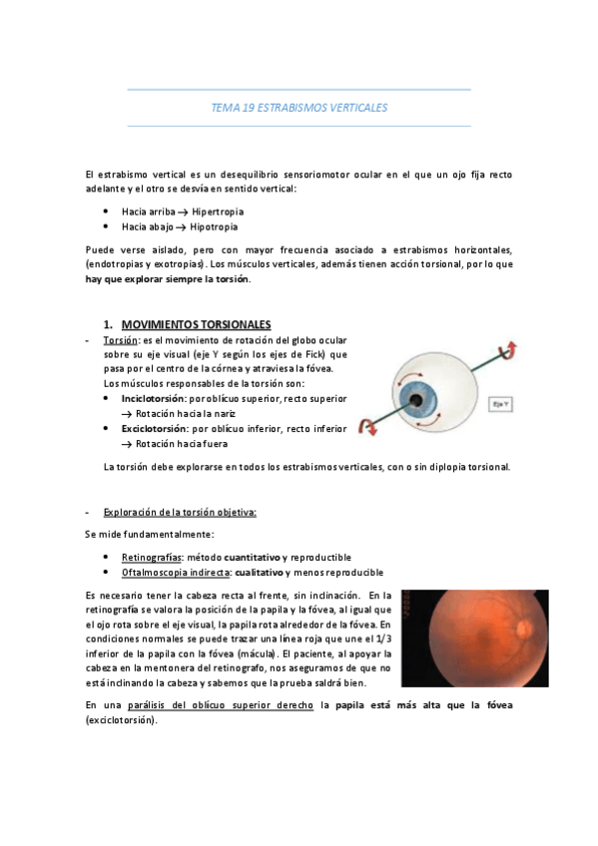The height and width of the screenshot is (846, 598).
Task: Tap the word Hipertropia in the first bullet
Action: pos(218,211)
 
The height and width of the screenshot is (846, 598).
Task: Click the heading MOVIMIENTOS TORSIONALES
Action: pos(196,325)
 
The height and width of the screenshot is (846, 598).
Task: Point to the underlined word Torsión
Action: pos(121,340)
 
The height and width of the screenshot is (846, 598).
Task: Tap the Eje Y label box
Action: pos(527,404)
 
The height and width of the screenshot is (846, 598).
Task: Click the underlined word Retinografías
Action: pos(151,556)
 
